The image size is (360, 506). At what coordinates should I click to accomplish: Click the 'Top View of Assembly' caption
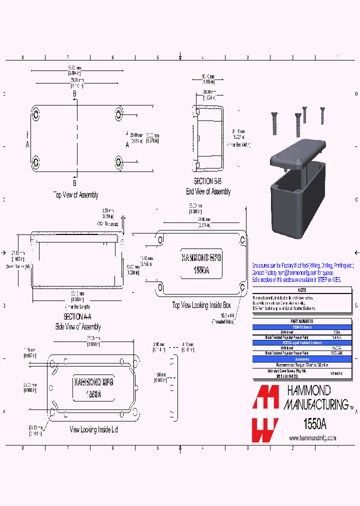tap(75, 195)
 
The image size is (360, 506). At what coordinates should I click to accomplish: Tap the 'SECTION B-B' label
tap(207, 182)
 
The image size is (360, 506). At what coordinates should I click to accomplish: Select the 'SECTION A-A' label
tap(77, 317)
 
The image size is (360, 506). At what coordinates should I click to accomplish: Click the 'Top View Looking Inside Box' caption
tap(201, 305)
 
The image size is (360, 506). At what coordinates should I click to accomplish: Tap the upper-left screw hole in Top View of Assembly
tap(35, 113)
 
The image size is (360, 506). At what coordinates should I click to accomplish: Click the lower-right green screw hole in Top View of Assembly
tap(118, 162)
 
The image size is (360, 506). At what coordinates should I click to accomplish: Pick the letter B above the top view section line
tap(74, 93)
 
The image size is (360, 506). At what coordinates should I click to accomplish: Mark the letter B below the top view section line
tap(74, 182)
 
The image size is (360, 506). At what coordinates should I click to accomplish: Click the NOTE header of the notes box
tap(301, 290)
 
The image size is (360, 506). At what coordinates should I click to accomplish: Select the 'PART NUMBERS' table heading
tap(301, 321)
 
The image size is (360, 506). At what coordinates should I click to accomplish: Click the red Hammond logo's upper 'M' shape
tap(265, 398)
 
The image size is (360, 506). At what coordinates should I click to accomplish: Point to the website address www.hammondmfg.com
tap(312, 438)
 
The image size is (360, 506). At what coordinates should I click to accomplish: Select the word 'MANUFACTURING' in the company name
tap(316, 403)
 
